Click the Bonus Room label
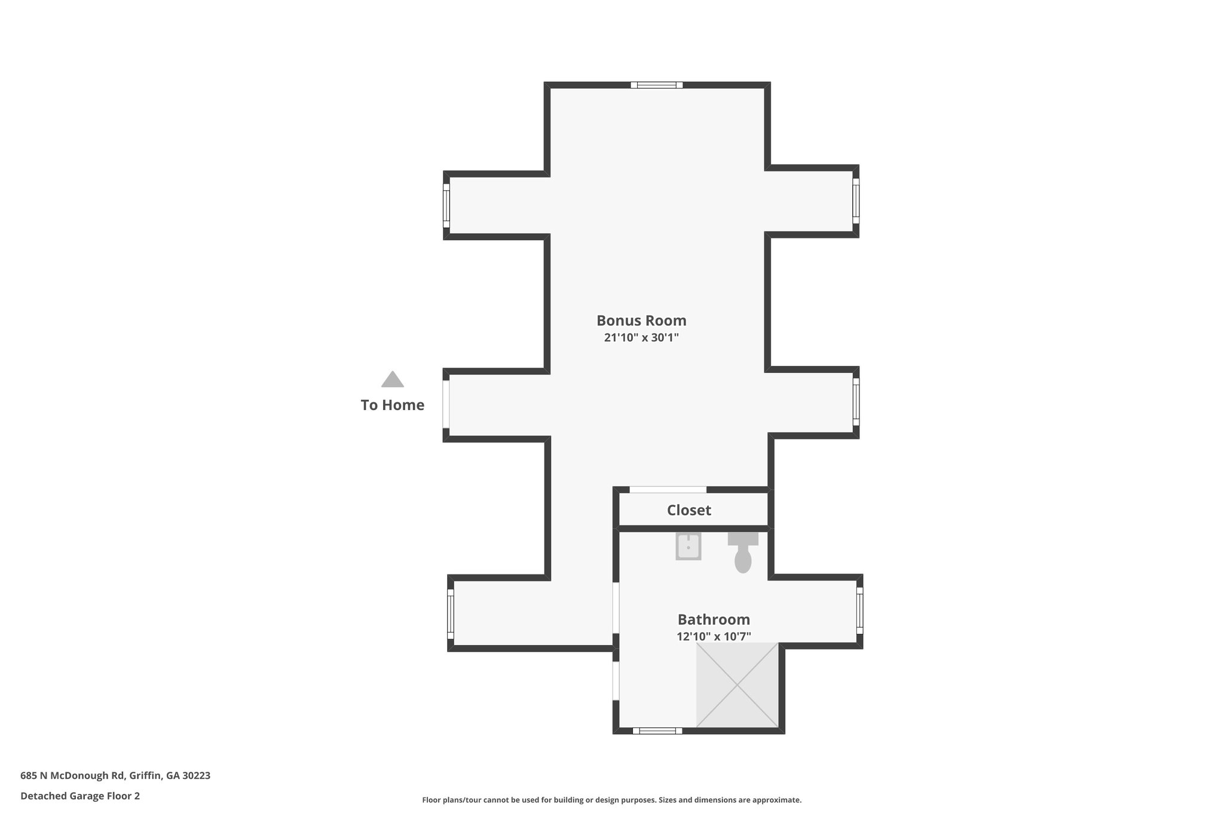[x=641, y=320]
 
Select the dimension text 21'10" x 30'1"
[x=641, y=338]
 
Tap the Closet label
[x=688, y=510]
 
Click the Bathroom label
[x=713, y=619]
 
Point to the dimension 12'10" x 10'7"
[x=713, y=637]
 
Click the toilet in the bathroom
[x=742, y=554]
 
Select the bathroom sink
[x=688, y=546]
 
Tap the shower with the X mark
[x=738, y=685]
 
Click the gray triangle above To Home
[x=393, y=380]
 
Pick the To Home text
[x=393, y=405]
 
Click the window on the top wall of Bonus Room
[x=656, y=85]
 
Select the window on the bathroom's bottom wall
[x=657, y=731]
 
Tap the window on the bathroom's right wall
[x=859, y=610]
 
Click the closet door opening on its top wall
[x=668, y=490]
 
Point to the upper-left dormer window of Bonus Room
[x=446, y=205]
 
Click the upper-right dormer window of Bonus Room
[x=856, y=200]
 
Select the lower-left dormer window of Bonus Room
[x=451, y=614]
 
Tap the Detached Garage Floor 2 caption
[x=80, y=796]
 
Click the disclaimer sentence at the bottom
[x=611, y=800]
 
